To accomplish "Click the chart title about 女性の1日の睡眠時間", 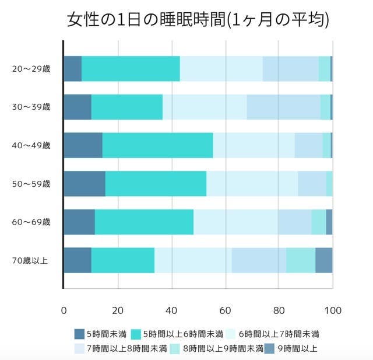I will (x=198, y=20).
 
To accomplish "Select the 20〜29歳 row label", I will (x=31, y=69).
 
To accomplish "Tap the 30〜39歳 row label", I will (x=31, y=107).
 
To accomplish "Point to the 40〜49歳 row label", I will (x=31, y=145).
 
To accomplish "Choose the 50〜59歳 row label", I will (x=31, y=184).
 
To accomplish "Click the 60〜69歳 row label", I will (x=31, y=222).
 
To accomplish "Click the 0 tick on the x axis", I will (x=64, y=310).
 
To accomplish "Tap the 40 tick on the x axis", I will (x=171, y=310).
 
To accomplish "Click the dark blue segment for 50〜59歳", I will (x=84, y=184).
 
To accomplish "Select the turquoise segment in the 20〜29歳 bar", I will (x=131, y=69).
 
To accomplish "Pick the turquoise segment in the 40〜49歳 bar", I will (x=157, y=145).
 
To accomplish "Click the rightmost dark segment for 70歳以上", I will (x=323, y=260).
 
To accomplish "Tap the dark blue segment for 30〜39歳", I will (x=77, y=107).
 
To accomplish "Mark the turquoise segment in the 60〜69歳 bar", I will (x=144, y=222).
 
